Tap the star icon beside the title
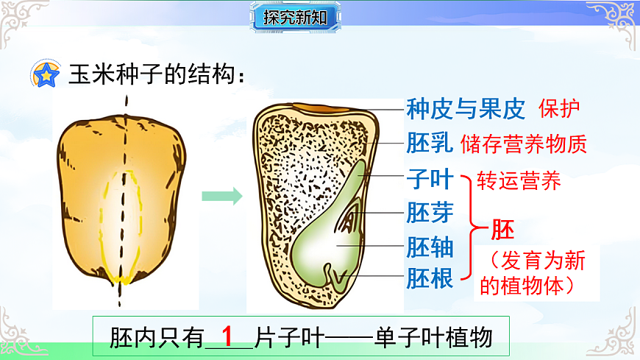(x=48, y=74)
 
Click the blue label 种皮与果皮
(x=466, y=110)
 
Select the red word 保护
(x=560, y=109)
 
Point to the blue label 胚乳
(x=429, y=144)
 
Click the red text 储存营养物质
(x=524, y=144)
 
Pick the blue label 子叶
(x=429, y=179)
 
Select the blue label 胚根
(x=429, y=279)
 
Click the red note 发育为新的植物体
(x=537, y=272)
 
